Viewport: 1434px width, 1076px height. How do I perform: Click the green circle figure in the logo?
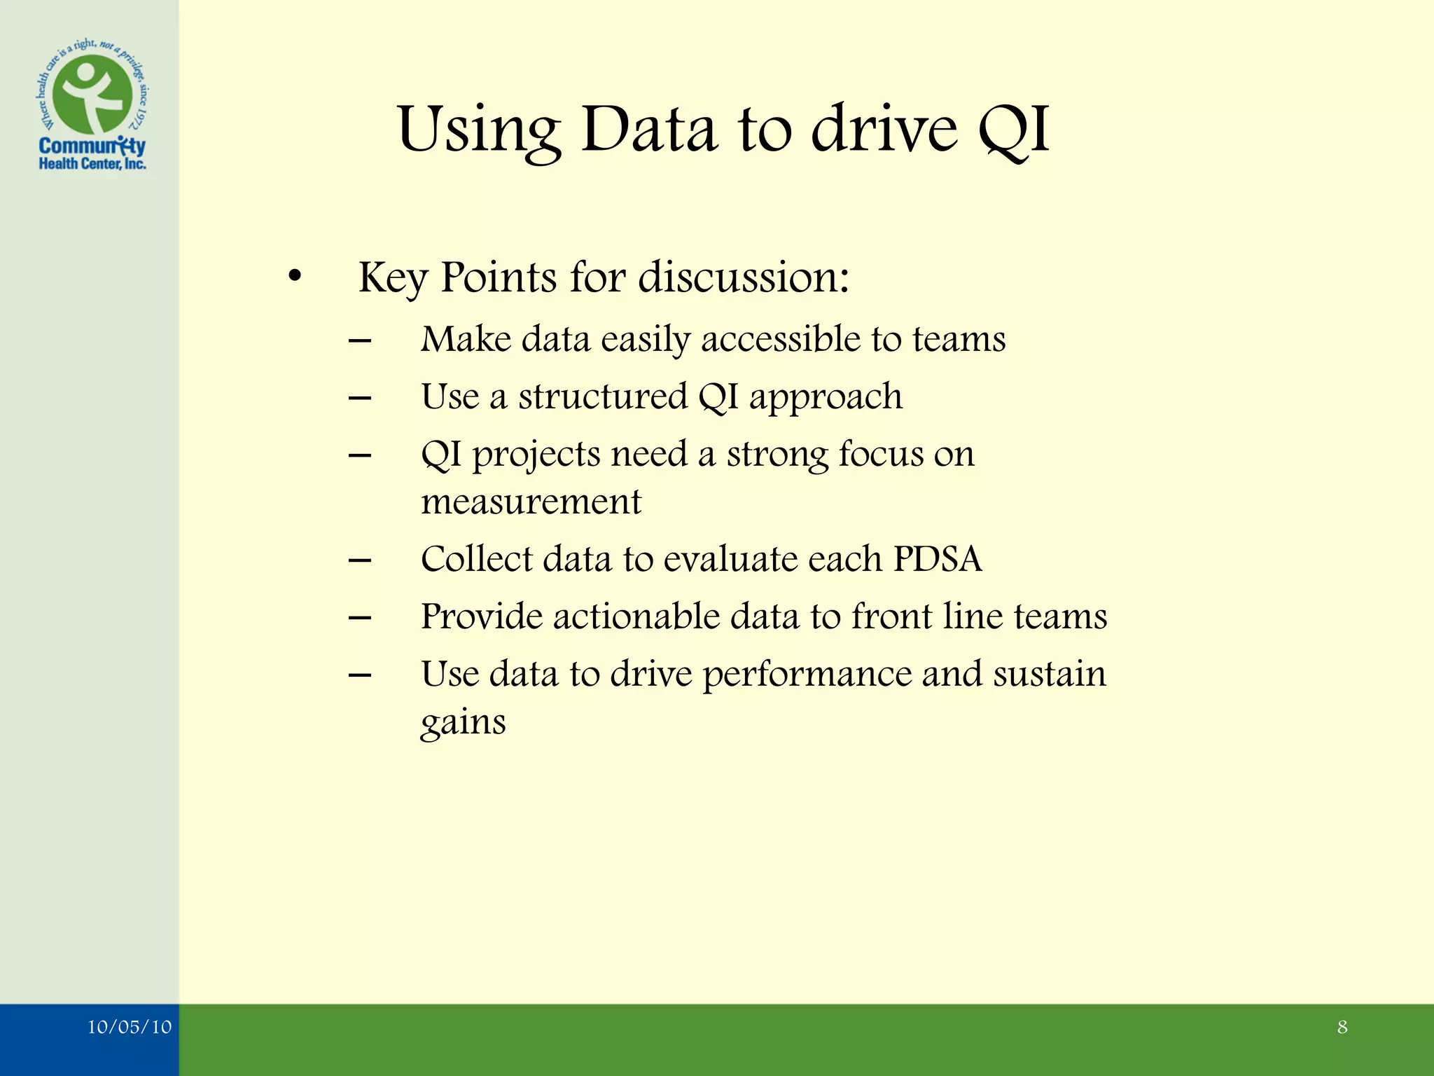pyautogui.click(x=92, y=95)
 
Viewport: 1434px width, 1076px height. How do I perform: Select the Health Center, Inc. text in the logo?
pyautogui.click(x=92, y=164)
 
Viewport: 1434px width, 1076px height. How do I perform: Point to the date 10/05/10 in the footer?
pyautogui.click(x=130, y=1027)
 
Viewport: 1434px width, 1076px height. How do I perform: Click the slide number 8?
pyautogui.click(x=1342, y=1027)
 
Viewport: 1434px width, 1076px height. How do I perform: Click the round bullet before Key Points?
pyautogui.click(x=295, y=277)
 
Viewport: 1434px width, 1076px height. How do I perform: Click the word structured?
pyautogui.click(x=603, y=396)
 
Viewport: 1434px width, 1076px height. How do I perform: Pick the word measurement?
pyautogui.click(x=531, y=502)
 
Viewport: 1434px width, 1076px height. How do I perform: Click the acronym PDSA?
pyautogui.click(x=938, y=559)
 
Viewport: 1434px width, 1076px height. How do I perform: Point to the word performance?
pyautogui.click(x=807, y=674)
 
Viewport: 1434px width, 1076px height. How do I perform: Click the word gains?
pyautogui.click(x=463, y=723)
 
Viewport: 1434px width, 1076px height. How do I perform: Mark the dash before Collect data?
pyautogui.click(x=360, y=560)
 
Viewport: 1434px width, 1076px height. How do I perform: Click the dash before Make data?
pyautogui.click(x=360, y=341)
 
